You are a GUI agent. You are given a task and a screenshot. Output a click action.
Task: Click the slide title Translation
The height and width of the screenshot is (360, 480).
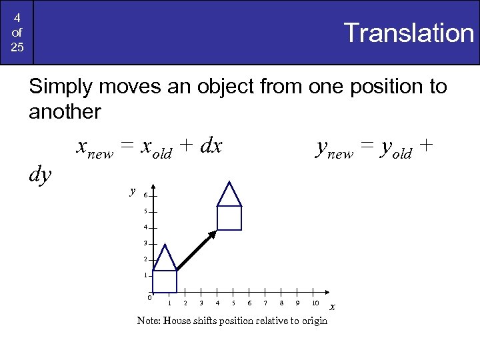[407, 33]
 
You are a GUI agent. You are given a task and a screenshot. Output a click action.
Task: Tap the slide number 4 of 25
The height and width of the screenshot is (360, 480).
[17, 32]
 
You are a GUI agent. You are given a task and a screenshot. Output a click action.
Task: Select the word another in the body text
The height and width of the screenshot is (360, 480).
[65, 111]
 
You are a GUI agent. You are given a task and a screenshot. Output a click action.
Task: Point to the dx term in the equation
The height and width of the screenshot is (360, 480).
[211, 146]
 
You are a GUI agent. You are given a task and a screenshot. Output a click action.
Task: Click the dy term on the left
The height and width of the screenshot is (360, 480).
[41, 174]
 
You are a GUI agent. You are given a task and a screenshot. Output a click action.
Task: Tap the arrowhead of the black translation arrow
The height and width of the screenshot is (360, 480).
[213, 233]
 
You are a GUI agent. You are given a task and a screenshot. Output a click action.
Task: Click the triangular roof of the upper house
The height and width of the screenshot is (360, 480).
[229, 195]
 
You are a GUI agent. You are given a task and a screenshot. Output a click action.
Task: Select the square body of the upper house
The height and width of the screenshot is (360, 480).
[229, 218]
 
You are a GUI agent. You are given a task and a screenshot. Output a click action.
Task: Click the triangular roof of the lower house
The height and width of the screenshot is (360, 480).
[165, 258]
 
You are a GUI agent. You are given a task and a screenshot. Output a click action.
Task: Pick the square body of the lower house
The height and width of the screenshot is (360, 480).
[165, 281]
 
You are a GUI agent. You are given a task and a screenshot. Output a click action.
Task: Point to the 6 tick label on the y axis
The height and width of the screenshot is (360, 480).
[145, 196]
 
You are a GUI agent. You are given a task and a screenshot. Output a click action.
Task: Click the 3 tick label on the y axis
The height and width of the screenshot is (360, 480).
[145, 243]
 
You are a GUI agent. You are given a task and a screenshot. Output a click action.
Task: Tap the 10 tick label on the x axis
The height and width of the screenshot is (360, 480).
[315, 303]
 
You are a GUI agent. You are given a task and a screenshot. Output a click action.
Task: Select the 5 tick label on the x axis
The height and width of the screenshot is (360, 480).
[233, 303]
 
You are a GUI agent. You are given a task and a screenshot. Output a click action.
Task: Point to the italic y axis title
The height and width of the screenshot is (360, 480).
[133, 191]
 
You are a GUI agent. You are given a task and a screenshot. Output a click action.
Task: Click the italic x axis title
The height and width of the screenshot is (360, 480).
[333, 307]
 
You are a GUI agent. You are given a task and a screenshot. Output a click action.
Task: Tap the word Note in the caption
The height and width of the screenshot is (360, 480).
[148, 321]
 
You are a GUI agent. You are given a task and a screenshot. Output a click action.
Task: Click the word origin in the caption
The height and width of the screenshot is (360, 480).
[313, 321]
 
